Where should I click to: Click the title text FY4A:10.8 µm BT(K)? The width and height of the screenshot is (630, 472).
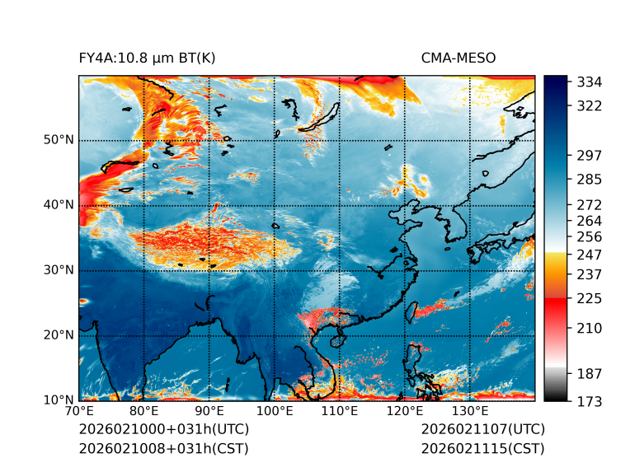pyautogui.click(x=147, y=58)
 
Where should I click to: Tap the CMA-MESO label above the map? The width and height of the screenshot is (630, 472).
pyautogui.click(x=458, y=58)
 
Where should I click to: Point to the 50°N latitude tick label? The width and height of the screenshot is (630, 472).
pyautogui.click(x=59, y=140)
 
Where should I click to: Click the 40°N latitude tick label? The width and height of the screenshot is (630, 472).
pyautogui.click(x=59, y=205)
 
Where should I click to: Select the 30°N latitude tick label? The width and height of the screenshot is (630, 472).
pyautogui.click(x=59, y=270)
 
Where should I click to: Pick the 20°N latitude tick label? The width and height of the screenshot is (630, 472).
pyautogui.click(x=59, y=335)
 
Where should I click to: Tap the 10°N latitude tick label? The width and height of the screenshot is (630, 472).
pyautogui.click(x=59, y=400)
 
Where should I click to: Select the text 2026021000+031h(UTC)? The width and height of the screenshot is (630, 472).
pyautogui.click(x=163, y=430)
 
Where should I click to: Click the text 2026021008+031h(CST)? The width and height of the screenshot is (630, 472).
pyautogui.click(x=163, y=449)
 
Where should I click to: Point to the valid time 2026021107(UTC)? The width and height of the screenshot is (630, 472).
pyautogui.click(x=482, y=430)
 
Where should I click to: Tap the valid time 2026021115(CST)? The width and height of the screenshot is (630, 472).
pyautogui.click(x=482, y=449)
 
